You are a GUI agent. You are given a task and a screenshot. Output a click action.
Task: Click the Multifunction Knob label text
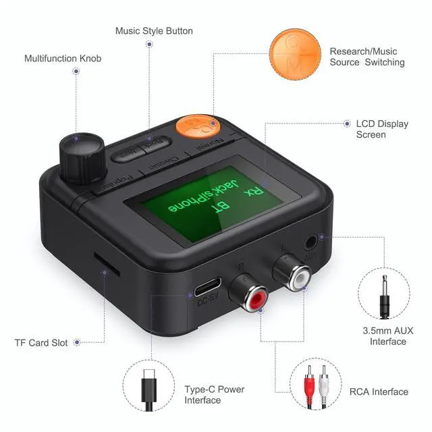tap(63, 59)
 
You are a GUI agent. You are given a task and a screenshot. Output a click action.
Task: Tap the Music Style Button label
tap(154, 31)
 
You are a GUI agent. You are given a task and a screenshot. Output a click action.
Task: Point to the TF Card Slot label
tap(41, 342)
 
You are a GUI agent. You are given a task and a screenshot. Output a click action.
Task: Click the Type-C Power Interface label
tap(214, 395)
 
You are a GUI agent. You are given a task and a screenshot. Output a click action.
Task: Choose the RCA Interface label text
tap(379, 391)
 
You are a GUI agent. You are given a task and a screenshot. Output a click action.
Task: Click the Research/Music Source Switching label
tap(367, 57)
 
